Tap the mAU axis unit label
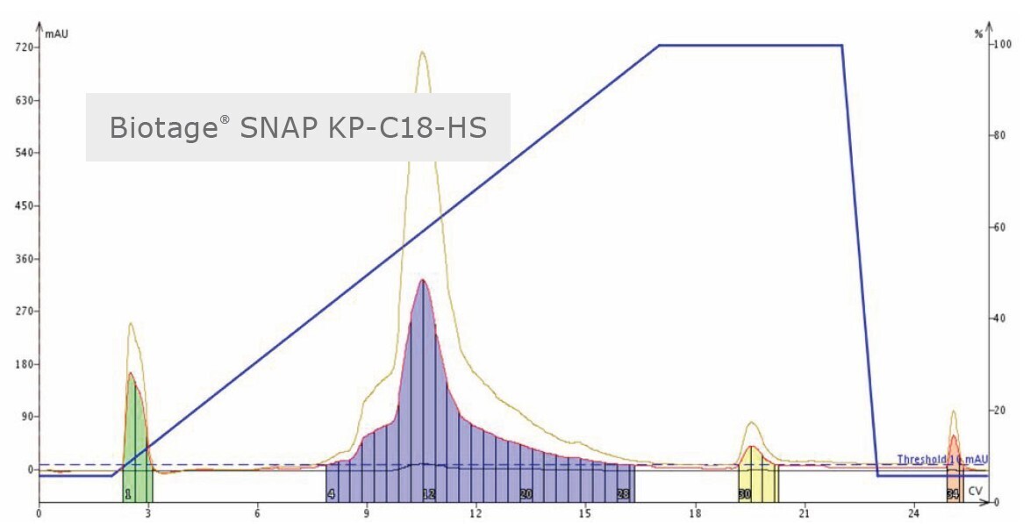pos(57,34)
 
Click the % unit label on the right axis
pos(979,34)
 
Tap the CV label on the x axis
pos(976,491)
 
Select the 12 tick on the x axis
pos(476,510)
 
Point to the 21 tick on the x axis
pos(804,510)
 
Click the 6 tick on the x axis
pos(257,510)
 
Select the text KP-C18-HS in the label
pos(420,128)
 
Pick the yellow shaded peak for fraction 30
pos(753,470)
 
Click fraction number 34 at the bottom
pos(953,495)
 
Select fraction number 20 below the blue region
pos(526,495)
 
